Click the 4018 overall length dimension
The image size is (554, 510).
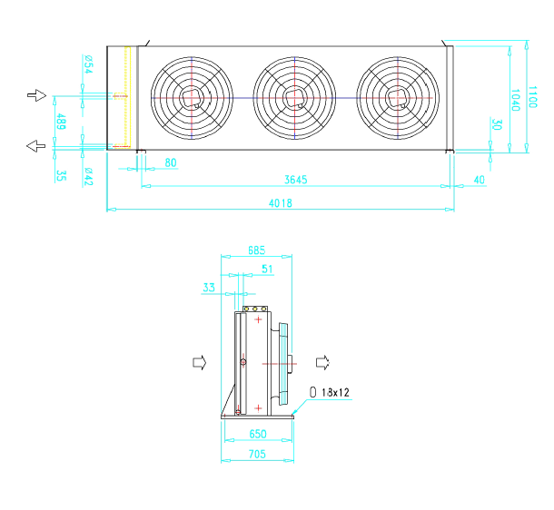click(281, 203)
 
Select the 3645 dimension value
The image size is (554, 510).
click(296, 180)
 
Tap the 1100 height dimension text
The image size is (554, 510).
click(531, 97)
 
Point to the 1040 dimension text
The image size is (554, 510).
click(516, 100)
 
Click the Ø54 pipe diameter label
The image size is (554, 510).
click(88, 64)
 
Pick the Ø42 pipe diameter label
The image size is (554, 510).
click(88, 177)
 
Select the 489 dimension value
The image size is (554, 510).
click(61, 122)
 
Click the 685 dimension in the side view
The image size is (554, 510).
click(256, 250)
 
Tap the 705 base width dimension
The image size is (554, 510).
click(257, 454)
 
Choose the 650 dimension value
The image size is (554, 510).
click(258, 434)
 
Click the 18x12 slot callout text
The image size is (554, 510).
click(335, 392)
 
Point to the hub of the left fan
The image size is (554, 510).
click(192, 98)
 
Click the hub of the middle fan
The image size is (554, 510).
click(294, 98)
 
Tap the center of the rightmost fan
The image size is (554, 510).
click(398, 98)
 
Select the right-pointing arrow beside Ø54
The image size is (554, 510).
click(36, 95)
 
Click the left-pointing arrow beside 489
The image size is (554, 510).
click(36, 146)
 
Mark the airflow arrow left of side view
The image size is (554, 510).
click(200, 362)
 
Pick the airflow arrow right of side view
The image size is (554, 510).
click(322, 362)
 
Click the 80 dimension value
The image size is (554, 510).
click(171, 162)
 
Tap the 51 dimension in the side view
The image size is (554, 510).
click(267, 270)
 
